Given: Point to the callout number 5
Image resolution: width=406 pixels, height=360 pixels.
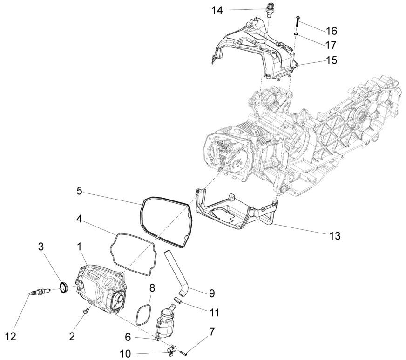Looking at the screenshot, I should [x=80, y=190].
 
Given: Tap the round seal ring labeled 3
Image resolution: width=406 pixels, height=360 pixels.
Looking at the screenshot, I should [x=64, y=287].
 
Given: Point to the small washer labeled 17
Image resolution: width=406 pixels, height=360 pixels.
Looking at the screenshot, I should [x=297, y=34].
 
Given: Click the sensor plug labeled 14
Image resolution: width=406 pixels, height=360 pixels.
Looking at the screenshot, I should [x=269, y=10].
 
